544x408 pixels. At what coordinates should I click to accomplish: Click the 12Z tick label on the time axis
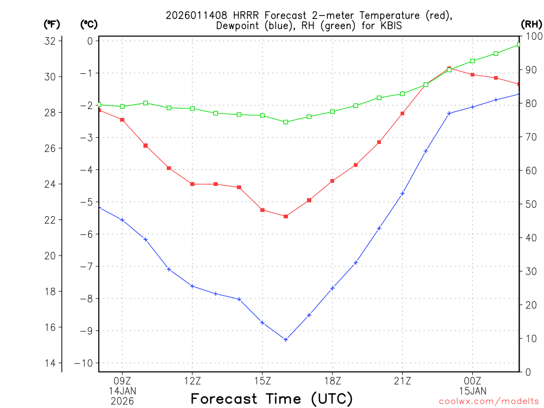(192, 380)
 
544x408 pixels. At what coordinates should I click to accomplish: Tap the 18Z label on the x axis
(332, 380)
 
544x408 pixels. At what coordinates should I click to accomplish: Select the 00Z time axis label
(472, 380)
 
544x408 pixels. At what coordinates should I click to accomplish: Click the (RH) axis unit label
(531, 24)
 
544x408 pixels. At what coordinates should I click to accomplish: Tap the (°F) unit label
(52, 24)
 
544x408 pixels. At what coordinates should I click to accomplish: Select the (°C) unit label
(89, 24)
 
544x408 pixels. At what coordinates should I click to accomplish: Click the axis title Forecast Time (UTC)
(271, 398)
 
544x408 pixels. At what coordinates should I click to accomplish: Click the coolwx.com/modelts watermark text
(489, 401)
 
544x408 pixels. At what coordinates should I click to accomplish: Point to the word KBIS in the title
(390, 25)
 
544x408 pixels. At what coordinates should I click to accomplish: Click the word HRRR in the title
(241, 15)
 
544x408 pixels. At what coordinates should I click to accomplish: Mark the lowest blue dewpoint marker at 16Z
(286, 339)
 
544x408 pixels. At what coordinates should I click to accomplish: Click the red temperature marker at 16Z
(286, 216)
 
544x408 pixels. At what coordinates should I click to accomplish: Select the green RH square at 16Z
(286, 122)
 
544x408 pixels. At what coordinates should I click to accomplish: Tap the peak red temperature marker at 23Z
(449, 69)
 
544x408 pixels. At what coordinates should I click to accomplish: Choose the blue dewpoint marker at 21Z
(402, 193)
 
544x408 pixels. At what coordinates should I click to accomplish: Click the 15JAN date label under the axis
(472, 390)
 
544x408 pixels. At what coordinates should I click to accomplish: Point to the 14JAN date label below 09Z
(122, 390)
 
